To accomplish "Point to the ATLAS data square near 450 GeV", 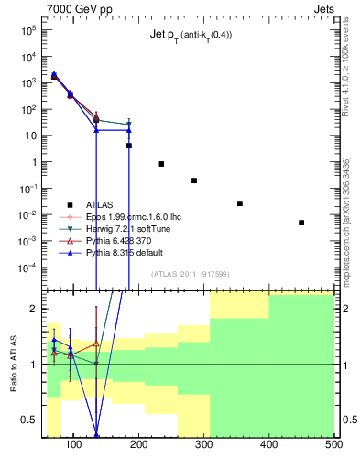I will click(301, 223).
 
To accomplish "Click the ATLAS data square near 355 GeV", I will click(240, 203).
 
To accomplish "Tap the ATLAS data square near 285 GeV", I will click(194, 180).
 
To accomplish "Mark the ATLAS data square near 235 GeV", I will click(161, 164).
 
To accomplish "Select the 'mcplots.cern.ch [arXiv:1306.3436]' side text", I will click(345, 220).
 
